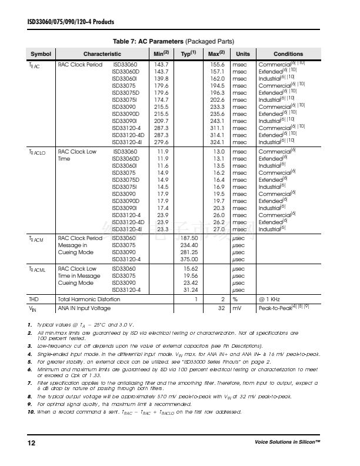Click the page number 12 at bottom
tap(31, 442)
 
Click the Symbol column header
tap(41, 54)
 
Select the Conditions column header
tap(288, 54)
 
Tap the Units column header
tap(243, 54)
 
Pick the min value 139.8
tap(161, 78)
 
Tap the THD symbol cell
tap(34, 299)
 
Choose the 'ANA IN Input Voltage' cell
tap(84, 308)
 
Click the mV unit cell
tap(239, 308)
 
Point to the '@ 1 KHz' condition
tap(271, 299)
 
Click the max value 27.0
tap(218, 229)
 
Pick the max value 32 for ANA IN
tap(222, 308)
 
